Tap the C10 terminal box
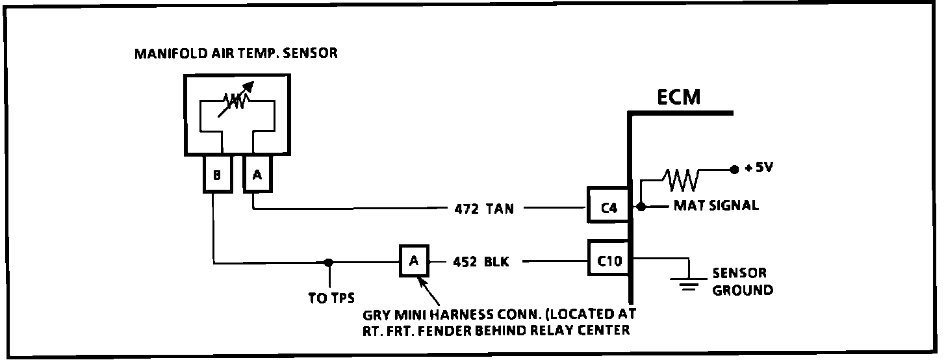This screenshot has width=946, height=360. [x=608, y=261]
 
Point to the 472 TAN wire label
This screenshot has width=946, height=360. [x=483, y=209]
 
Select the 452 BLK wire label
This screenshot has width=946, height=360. [x=481, y=263]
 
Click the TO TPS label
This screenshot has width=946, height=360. [x=331, y=298]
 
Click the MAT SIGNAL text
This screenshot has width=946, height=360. [x=715, y=206]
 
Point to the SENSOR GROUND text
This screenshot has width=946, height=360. [x=743, y=281]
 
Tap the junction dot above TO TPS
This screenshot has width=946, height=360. [x=330, y=263]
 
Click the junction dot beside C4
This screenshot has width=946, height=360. [x=641, y=207]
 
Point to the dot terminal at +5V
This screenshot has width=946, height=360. [x=734, y=170]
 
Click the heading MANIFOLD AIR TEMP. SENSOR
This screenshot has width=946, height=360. [x=236, y=53]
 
